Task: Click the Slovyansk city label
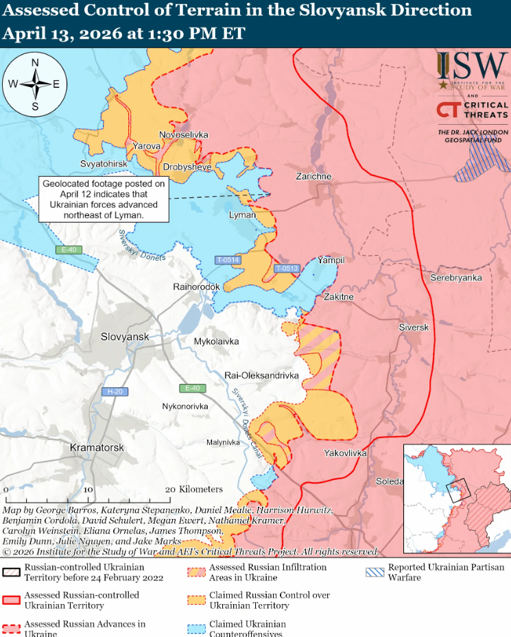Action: point(124,337)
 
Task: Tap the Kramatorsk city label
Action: point(97,447)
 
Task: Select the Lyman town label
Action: point(242,215)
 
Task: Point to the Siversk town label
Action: point(414,328)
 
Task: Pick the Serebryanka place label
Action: point(456,278)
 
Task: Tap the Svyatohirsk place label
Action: point(104,165)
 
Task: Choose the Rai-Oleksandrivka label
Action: point(262,376)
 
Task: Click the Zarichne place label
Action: point(313,176)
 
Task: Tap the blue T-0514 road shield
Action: point(227,260)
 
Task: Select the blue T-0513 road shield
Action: point(287,268)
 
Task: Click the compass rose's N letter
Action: point(35,63)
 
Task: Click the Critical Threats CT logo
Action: point(449,110)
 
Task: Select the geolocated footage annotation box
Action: point(104,199)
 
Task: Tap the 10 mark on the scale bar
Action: point(88,490)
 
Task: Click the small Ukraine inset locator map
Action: point(455,498)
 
